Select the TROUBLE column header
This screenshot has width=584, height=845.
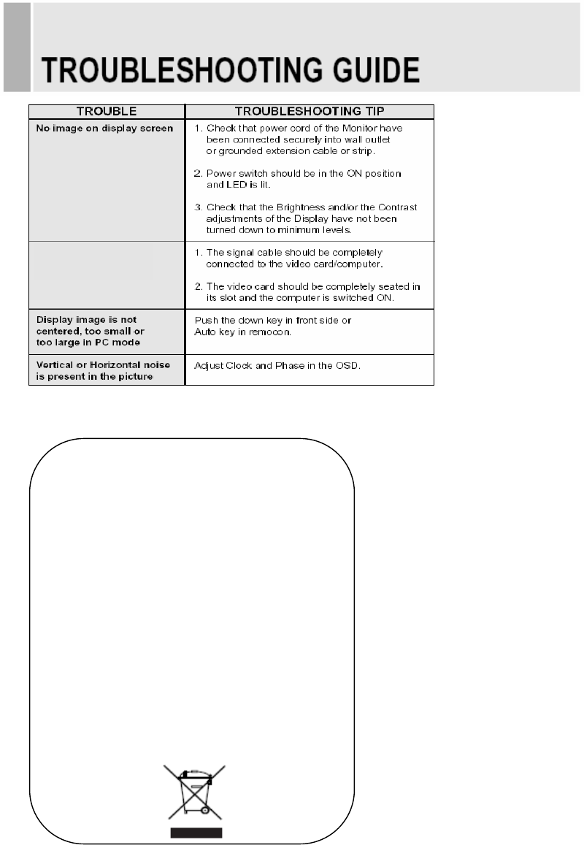107,112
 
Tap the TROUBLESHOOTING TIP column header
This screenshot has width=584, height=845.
310,112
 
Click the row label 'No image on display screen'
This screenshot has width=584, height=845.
104,129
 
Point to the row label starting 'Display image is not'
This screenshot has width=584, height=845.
87,320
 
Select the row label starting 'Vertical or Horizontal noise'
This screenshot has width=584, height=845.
104,364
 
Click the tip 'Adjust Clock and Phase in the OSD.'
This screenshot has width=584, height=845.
277,364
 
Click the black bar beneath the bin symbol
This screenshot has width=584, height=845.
195,832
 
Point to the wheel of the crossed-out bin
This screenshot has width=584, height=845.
205,810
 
